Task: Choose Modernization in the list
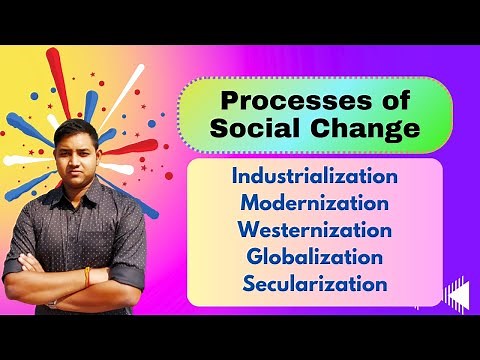315,204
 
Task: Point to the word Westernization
315,230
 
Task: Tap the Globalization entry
315,256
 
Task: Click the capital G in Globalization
254,256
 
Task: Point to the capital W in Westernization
248,230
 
